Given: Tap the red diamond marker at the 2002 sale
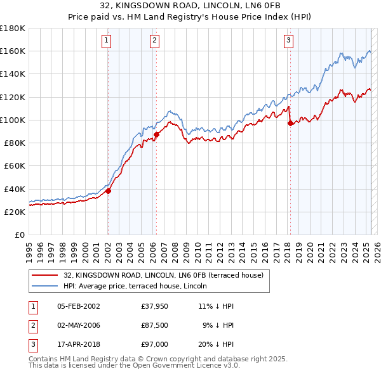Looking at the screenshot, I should (x=109, y=191).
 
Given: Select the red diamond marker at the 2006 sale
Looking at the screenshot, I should (x=156, y=134).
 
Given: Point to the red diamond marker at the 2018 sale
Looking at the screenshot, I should (x=291, y=123).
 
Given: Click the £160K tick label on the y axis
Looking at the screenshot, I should (x=13, y=51).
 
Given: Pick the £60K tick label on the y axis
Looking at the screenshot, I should (x=15, y=165).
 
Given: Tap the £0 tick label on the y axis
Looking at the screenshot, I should (x=20, y=235).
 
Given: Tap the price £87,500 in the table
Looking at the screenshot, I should (x=155, y=325).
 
